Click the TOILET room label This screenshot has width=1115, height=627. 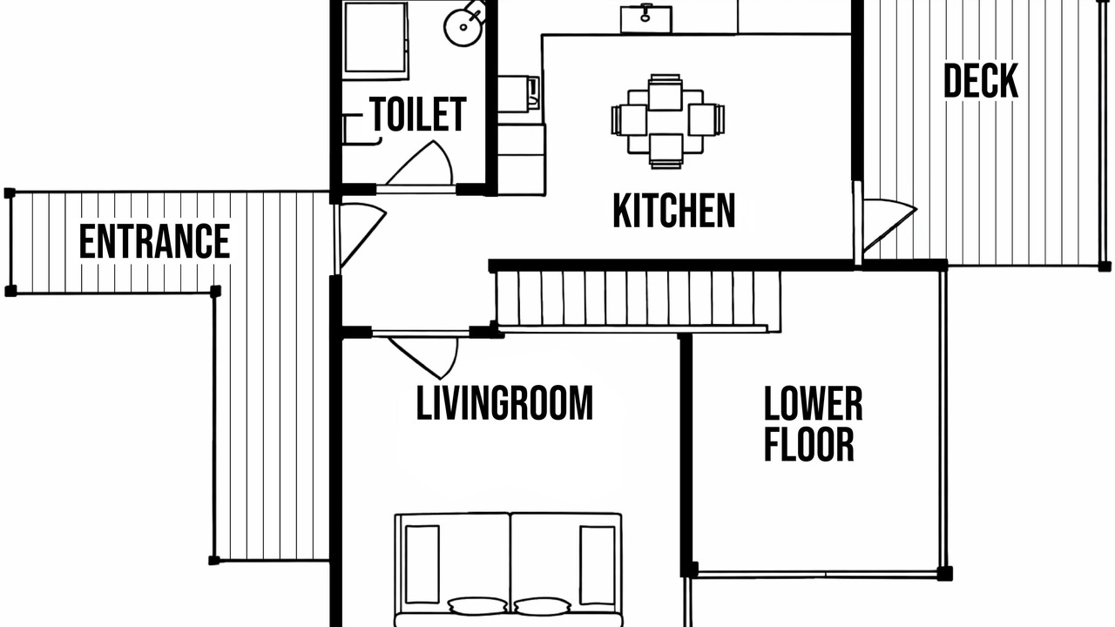pyautogui.click(x=417, y=114)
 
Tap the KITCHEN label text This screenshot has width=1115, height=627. pyautogui.click(x=674, y=211)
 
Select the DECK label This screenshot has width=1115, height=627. pyautogui.click(x=981, y=81)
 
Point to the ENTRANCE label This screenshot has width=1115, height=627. pyautogui.click(x=154, y=241)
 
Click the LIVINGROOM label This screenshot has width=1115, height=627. pyautogui.click(x=504, y=402)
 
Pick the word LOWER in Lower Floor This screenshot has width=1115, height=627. pyautogui.click(x=813, y=403)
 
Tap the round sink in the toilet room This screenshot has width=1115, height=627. pyautogui.click(x=463, y=27)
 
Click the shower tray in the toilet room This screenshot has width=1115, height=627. pyautogui.click(x=375, y=39)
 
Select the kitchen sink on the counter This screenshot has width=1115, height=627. pyautogui.click(x=646, y=18)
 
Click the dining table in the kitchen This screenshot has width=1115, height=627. pyautogui.click(x=666, y=121)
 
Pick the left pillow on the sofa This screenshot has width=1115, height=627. pyautogui.click(x=477, y=605)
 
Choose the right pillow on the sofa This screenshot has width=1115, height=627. pyautogui.click(x=542, y=606)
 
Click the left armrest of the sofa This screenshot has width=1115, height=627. pyautogui.click(x=422, y=564)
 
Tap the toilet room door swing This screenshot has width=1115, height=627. pyautogui.click(x=421, y=163)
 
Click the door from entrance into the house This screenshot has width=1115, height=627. pyautogui.click(x=362, y=235)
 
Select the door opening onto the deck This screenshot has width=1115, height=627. pyautogui.click(x=889, y=226)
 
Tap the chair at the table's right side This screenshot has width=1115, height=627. pyautogui.click(x=706, y=119)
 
